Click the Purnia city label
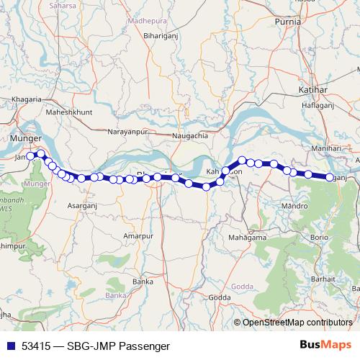pos(307,22)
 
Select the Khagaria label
pos(29,98)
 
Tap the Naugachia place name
pos(191,135)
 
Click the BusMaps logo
pos(326,346)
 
